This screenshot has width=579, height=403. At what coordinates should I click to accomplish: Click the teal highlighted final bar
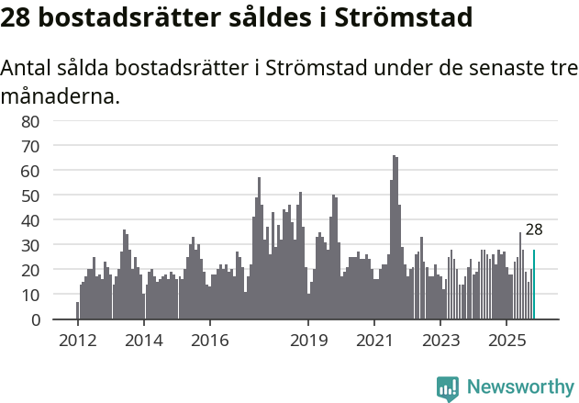click(x=534, y=285)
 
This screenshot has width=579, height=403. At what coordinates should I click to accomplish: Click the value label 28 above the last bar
click(x=534, y=230)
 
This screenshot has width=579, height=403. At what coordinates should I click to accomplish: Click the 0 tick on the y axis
click(x=35, y=319)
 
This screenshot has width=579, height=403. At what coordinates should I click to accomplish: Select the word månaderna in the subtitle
click(x=61, y=95)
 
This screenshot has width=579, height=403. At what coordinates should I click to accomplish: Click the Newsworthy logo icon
click(x=448, y=387)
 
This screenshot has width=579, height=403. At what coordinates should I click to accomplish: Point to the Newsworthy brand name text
click(x=519, y=387)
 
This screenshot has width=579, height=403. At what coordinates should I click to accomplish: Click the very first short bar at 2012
click(x=77, y=310)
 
